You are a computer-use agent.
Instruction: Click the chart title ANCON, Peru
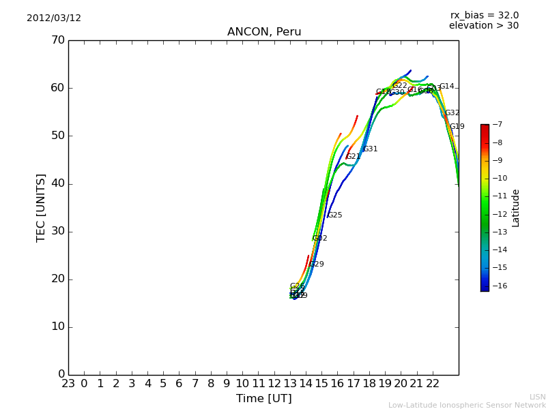click(264, 32)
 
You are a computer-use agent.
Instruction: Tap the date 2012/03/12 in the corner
click(54, 18)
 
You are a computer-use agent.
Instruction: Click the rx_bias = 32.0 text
click(484, 15)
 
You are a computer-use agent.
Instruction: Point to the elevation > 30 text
click(483, 26)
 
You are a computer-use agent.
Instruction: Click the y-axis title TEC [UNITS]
click(41, 207)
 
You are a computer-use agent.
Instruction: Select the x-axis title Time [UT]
click(263, 399)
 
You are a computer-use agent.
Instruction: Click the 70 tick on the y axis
click(57, 40)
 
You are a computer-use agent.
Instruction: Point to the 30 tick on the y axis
click(57, 231)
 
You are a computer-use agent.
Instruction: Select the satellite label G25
click(335, 215)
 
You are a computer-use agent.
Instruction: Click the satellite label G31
click(371, 149)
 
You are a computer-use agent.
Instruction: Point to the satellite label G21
click(354, 157)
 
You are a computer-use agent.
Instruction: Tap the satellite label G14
click(447, 87)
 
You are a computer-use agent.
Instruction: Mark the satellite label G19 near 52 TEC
click(457, 127)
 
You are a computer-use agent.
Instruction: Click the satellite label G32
click(452, 113)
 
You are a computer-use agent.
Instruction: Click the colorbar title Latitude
click(516, 208)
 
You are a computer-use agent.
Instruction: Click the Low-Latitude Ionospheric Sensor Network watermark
click(467, 406)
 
